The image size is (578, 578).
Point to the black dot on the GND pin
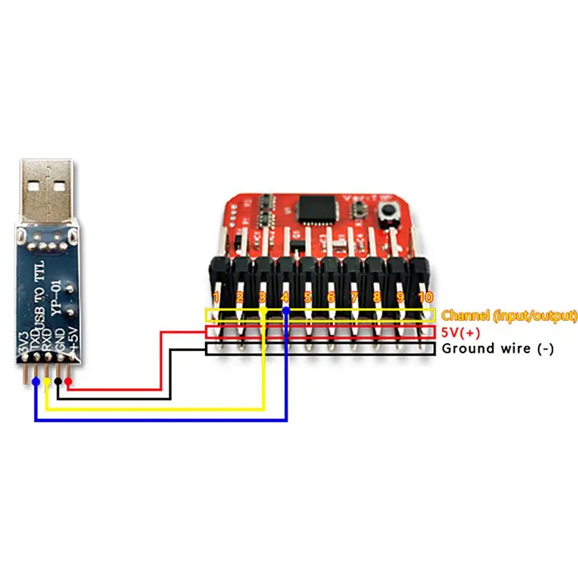(58, 380)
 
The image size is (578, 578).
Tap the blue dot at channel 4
(286, 310)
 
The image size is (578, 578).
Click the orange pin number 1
(216, 297)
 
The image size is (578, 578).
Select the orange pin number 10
(425, 297)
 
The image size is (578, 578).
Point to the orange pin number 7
(354, 297)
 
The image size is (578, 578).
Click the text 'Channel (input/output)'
(509, 315)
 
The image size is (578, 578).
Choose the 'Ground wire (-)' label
(498, 349)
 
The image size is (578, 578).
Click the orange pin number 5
(307, 297)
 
